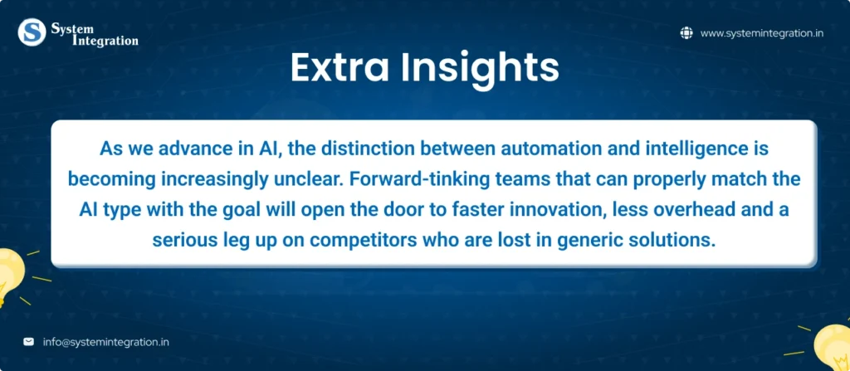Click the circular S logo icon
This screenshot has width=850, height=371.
click(32, 32)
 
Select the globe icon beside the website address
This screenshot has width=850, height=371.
click(686, 33)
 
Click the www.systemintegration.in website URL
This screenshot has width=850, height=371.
click(762, 33)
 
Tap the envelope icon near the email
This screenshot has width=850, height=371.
click(29, 342)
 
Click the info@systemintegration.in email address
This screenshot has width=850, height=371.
click(105, 342)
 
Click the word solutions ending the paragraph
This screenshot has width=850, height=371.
click(679, 241)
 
